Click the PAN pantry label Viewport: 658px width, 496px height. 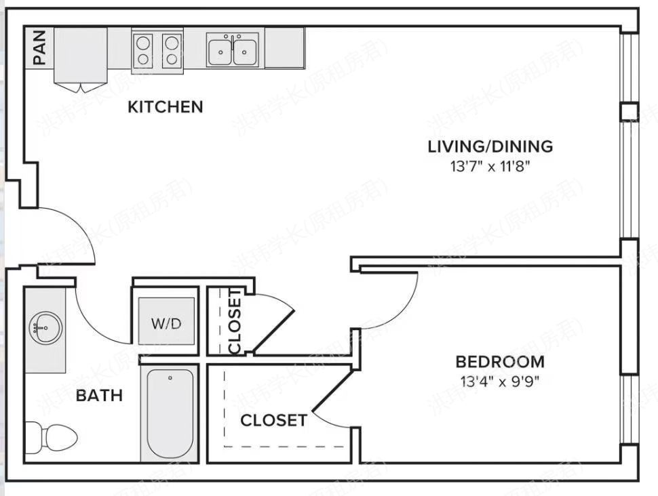(x=39, y=48)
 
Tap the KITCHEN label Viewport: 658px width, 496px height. (x=166, y=107)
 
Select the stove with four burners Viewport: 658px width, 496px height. (x=157, y=50)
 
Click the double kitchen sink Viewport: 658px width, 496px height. (x=232, y=50)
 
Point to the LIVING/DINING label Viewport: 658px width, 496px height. (x=490, y=146)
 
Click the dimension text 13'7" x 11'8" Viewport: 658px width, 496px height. (x=489, y=165)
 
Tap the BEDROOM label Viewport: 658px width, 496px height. (x=499, y=362)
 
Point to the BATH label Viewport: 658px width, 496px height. (x=99, y=395)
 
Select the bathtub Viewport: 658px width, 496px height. (x=170, y=413)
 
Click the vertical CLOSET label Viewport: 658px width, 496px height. (x=235, y=321)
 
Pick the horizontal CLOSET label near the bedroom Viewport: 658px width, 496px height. (x=273, y=420)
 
